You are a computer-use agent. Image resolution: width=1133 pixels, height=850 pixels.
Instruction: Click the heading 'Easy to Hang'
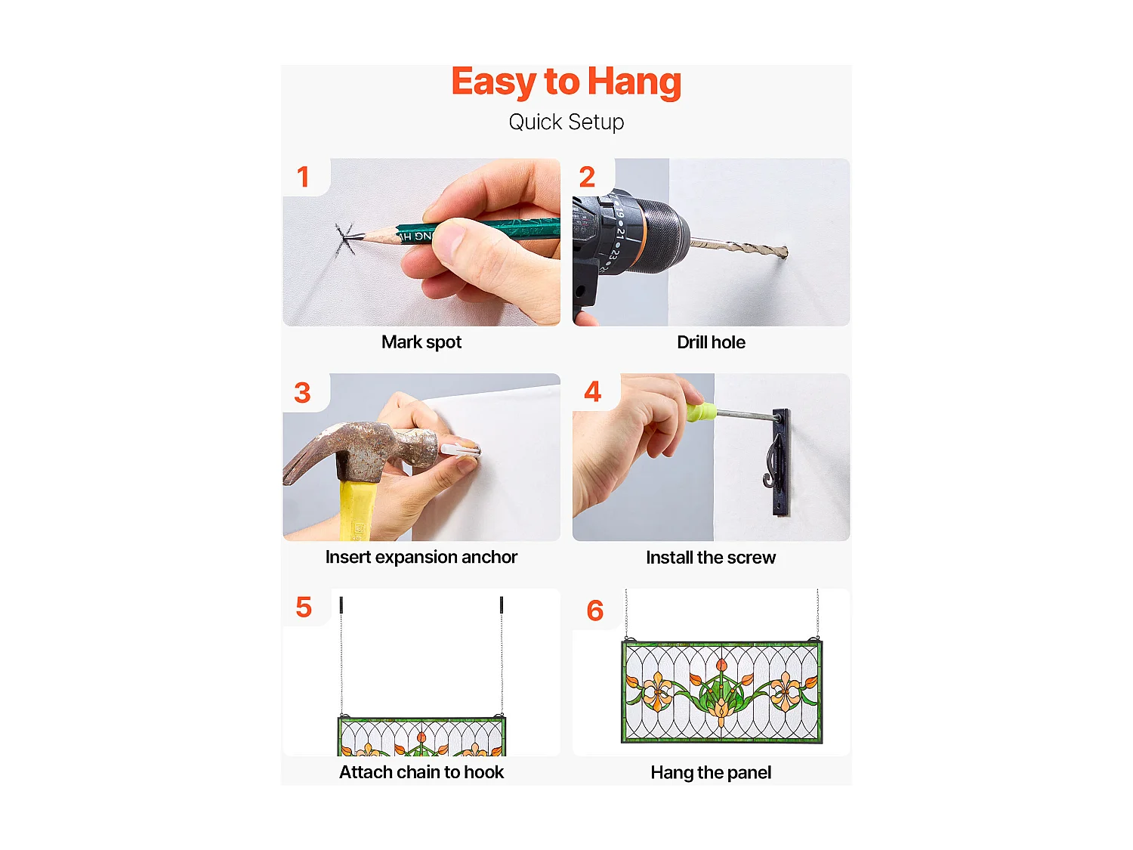(x=566, y=82)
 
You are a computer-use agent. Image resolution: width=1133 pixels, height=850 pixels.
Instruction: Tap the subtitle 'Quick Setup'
(x=566, y=122)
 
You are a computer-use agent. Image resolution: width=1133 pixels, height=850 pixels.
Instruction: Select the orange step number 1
(x=303, y=177)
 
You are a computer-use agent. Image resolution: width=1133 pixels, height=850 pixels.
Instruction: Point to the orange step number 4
(x=592, y=391)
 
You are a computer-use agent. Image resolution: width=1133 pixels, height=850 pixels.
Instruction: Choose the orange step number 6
(x=594, y=610)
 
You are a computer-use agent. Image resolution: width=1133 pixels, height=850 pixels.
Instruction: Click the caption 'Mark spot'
(x=421, y=342)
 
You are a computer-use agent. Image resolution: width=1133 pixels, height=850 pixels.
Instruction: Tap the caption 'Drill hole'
(x=711, y=342)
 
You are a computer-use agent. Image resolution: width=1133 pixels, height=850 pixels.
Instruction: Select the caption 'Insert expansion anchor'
(x=421, y=558)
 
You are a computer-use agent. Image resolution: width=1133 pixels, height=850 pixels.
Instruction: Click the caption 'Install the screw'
(x=711, y=558)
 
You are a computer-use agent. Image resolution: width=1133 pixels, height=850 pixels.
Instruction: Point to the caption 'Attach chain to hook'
(x=421, y=772)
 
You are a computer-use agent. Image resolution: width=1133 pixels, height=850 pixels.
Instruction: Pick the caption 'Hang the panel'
(x=711, y=773)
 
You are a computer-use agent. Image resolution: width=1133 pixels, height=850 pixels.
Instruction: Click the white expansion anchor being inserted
(x=459, y=450)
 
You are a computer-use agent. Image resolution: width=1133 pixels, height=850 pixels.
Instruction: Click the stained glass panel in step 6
(x=721, y=692)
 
